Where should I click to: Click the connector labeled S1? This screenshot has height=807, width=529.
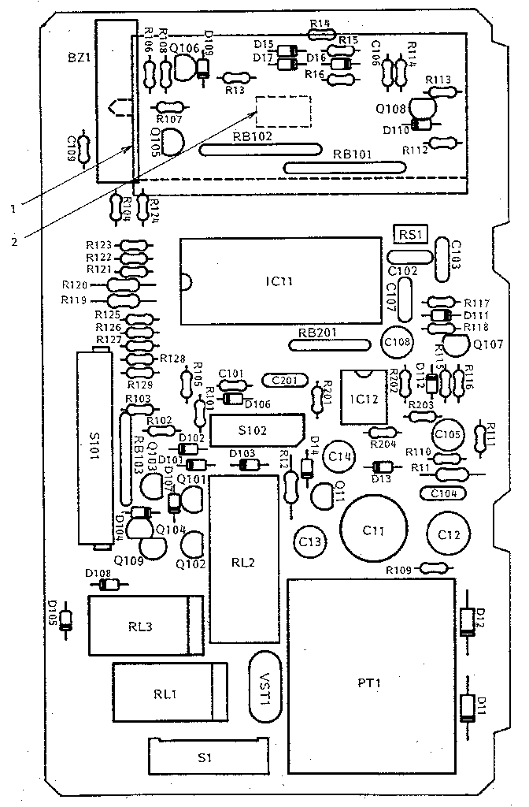click(x=205, y=758)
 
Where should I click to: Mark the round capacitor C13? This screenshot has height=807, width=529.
click(x=309, y=541)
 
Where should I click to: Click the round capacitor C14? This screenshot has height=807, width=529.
click(x=339, y=456)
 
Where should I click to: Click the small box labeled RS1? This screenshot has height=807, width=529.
click(x=409, y=234)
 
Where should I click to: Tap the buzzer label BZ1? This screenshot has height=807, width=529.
click(x=80, y=58)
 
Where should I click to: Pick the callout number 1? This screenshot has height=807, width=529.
click(x=13, y=208)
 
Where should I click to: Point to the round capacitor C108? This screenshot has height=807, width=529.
click(x=398, y=342)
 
